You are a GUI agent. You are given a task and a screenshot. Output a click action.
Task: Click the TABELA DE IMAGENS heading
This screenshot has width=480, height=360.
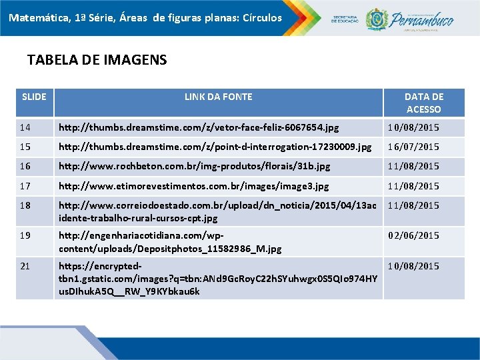(x=97, y=60)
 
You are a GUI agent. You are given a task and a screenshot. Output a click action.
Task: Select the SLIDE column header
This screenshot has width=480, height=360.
(x=34, y=97)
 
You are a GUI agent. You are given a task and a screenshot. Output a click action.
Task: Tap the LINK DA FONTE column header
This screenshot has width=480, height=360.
(x=218, y=97)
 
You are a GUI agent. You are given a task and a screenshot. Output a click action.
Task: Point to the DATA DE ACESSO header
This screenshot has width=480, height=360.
(x=423, y=103)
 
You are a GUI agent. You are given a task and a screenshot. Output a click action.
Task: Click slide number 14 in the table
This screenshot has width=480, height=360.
(x=25, y=127)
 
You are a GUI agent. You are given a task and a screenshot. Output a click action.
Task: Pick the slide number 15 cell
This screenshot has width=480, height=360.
(x=25, y=147)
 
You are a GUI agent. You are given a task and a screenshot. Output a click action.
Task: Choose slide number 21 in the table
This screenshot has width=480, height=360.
(x=25, y=266)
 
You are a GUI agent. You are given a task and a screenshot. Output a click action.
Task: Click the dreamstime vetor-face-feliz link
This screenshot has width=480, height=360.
(x=199, y=127)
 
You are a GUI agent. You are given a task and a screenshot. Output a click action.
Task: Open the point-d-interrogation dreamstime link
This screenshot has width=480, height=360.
(x=215, y=147)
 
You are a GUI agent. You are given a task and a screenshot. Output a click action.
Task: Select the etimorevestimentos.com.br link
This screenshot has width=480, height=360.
(x=193, y=186)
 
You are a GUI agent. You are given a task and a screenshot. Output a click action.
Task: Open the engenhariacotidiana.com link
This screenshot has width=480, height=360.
(x=170, y=242)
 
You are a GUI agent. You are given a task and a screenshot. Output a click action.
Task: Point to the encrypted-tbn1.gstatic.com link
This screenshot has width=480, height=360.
(x=217, y=278)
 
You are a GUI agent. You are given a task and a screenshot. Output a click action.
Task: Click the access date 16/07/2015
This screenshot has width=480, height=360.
(x=414, y=147)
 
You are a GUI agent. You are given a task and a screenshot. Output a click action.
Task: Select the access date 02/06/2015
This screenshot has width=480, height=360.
(x=414, y=235)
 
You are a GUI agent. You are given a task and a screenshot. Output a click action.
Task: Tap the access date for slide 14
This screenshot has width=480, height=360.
(x=414, y=127)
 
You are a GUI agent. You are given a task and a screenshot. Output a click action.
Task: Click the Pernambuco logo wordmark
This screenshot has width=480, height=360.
(x=422, y=18)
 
